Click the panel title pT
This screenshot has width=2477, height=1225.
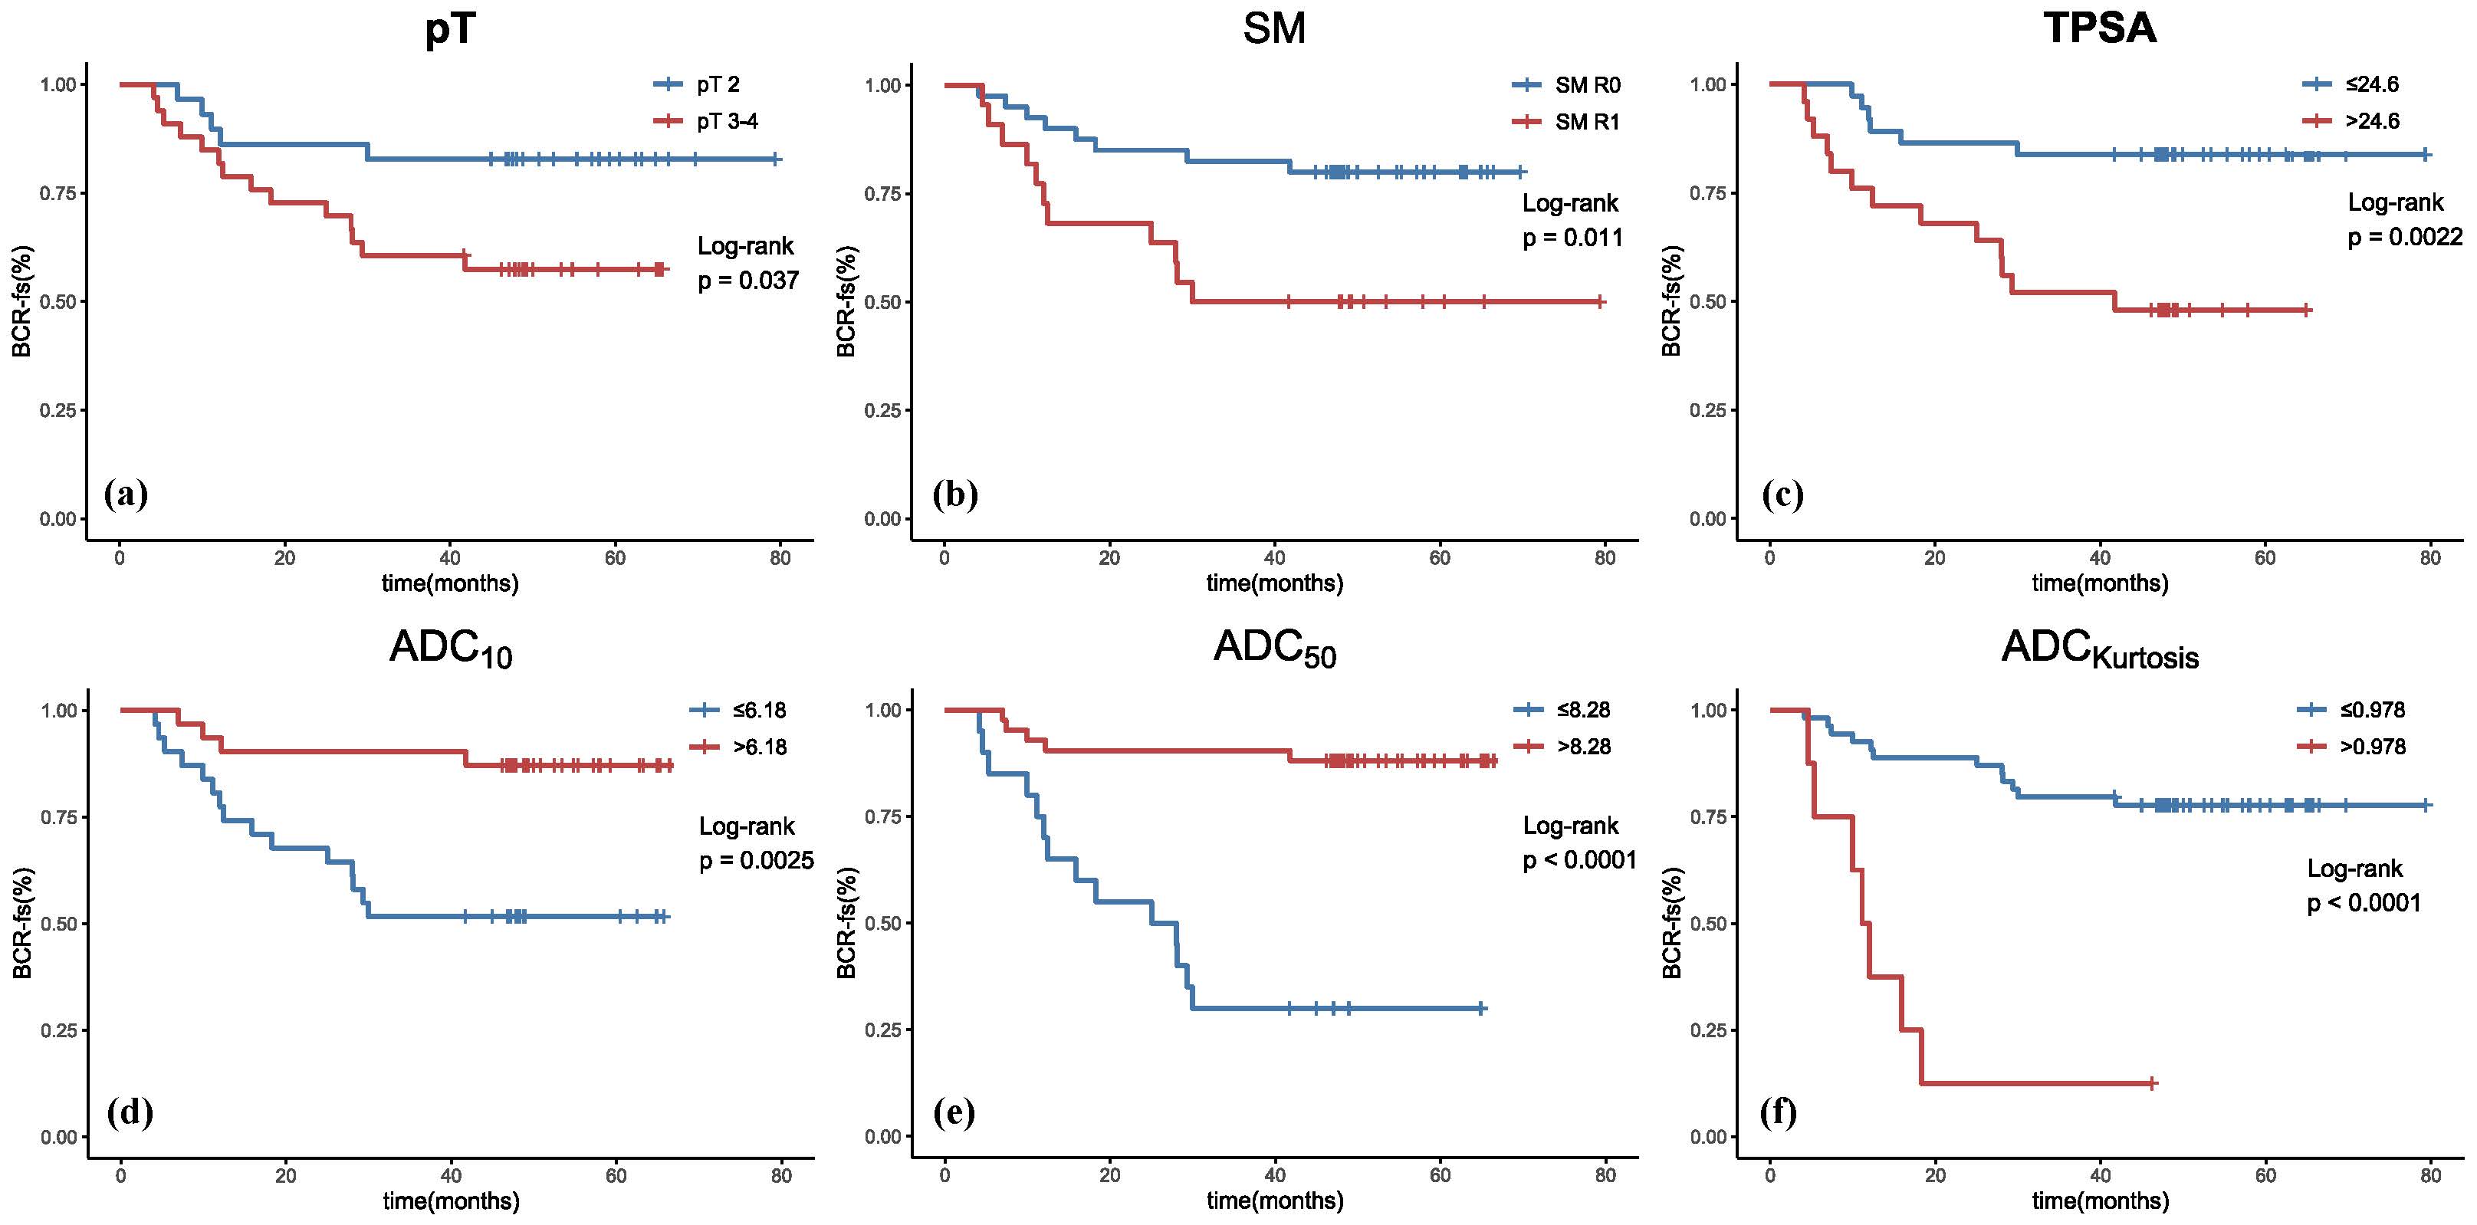(450, 29)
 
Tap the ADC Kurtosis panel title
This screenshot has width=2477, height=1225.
(2099, 649)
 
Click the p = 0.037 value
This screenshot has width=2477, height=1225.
(748, 281)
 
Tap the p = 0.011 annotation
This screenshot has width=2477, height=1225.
(1572, 238)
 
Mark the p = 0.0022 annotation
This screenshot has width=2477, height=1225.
(2405, 237)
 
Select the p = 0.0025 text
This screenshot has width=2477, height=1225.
(756, 861)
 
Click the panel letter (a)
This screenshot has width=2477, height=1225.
(126, 494)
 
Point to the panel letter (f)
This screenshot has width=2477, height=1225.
(1778, 1112)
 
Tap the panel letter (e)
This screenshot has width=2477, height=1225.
(954, 1112)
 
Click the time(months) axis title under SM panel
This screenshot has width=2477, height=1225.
(1274, 583)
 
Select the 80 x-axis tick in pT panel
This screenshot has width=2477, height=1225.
(780, 559)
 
